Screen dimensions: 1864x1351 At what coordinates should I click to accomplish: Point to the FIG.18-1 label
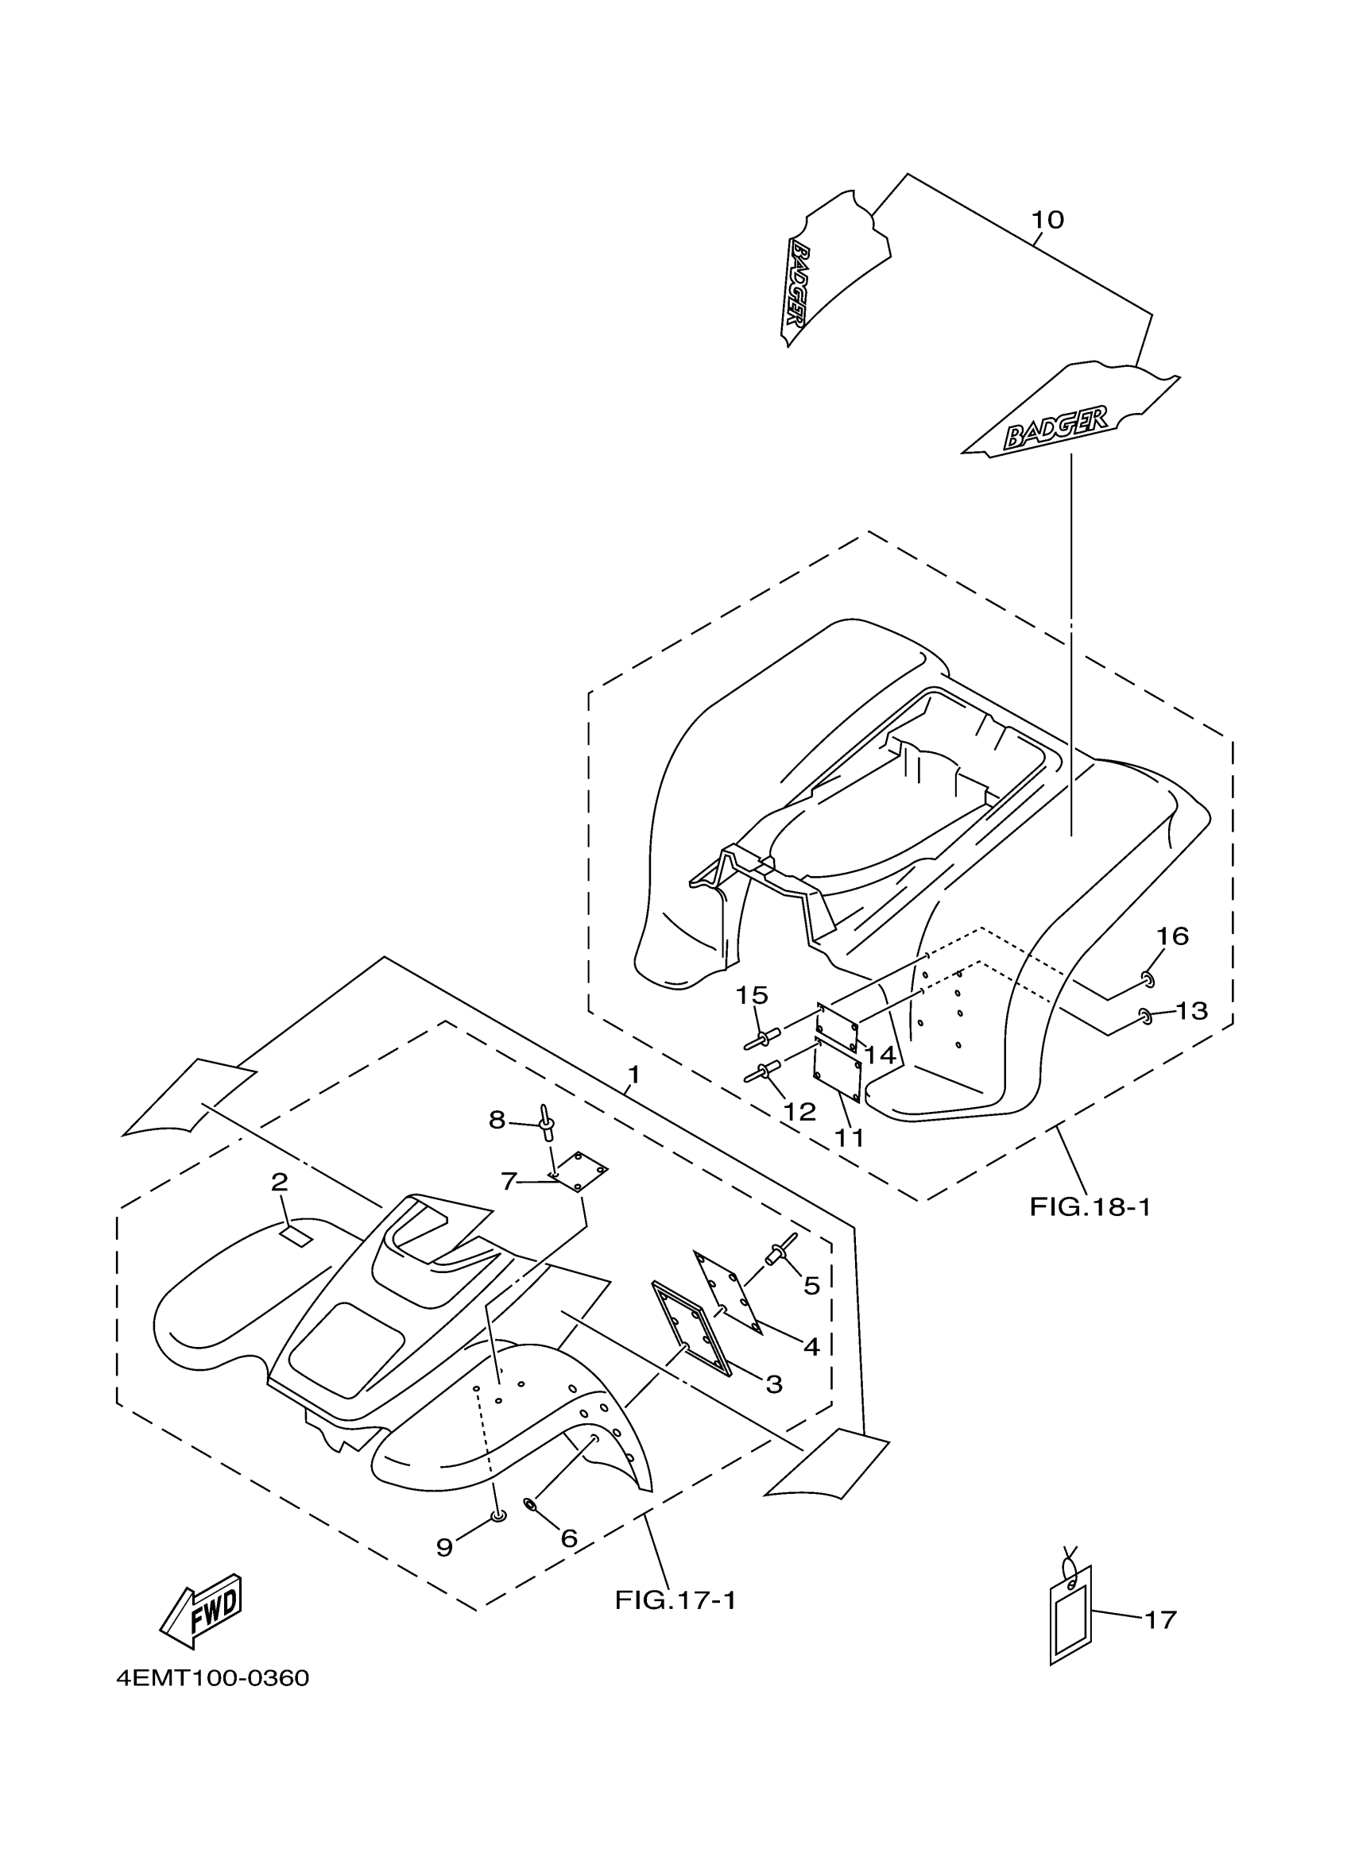point(1090,1206)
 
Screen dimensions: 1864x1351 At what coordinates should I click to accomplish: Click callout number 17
point(1160,1619)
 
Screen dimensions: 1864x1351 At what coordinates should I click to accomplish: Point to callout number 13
point(1191,1010)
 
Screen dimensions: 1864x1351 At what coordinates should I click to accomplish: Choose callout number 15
point(751,995)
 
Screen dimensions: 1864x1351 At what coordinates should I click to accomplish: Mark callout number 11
point(850,1137)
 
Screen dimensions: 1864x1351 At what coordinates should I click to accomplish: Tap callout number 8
point(497,1119)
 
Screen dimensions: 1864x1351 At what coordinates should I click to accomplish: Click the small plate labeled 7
point(579,1171)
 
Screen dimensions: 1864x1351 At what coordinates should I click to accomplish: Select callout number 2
point(280,1182)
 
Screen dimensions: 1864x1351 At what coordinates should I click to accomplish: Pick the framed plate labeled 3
point(691,1329)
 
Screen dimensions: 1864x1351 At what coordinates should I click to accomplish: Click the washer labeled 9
point(497,1516)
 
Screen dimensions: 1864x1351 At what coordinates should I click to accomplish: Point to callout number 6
point(569,1538)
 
